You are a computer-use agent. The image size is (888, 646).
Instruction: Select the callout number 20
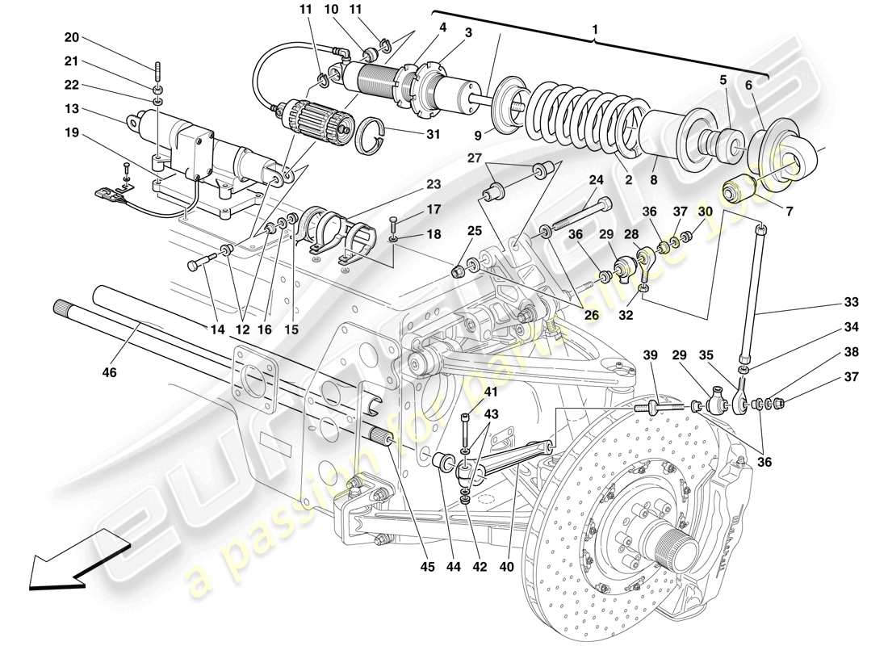click(x=72, y=37)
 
